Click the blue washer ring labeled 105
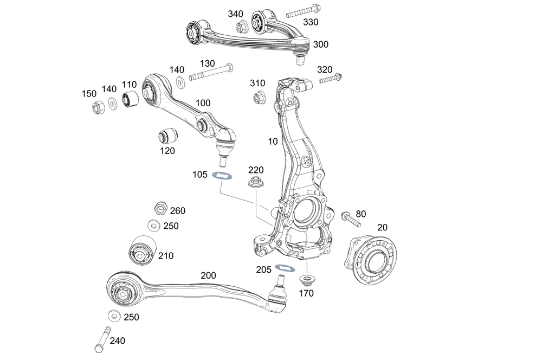(x=222, y=175)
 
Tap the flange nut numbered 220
(x=255, y=182)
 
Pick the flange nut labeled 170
(x=307, y=281)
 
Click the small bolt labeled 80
(x=351, y=219)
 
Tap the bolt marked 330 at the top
(x=301, y=10)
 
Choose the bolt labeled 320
(x=331, y=79)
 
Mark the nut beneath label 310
(x=259, y=98)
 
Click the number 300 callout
(x=320, y=44)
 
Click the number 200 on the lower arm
(x=208, y=275)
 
